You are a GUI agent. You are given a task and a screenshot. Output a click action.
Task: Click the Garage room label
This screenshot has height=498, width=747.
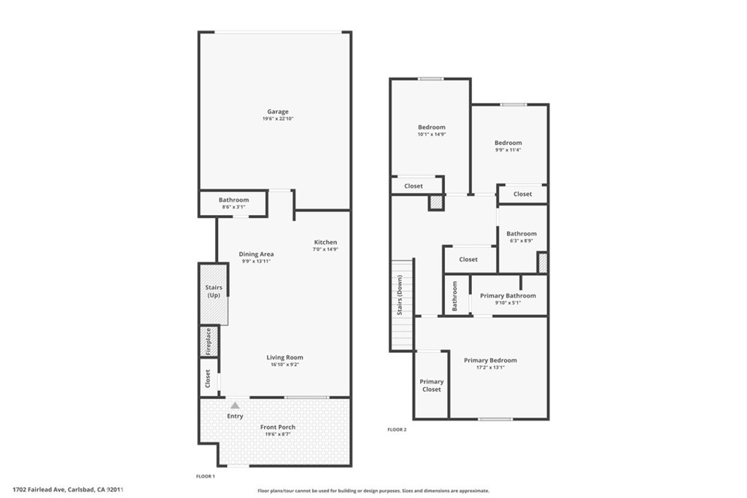pos(278,112)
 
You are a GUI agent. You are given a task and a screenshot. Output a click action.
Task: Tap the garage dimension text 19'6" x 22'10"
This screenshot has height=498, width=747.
pos(278,119)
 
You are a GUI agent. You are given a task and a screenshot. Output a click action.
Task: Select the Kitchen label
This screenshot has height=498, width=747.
pos(325,242)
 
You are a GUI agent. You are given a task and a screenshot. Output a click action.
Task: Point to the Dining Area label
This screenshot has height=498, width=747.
pos(256,254)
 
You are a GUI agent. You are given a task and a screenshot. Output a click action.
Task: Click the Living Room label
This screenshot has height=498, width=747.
pos(285,357)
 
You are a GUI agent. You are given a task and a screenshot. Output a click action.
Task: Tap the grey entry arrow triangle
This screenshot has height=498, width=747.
pos(235,405)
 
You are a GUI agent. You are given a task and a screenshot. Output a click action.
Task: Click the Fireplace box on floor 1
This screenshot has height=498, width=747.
pos(209,341)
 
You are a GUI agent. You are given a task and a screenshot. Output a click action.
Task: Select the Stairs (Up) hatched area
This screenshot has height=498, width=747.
pos(214,295)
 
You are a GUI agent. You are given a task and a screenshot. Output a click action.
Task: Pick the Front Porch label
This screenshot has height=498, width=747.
pos(278,427)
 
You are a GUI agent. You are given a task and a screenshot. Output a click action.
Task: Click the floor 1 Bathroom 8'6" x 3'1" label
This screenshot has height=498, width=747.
pos(233,200)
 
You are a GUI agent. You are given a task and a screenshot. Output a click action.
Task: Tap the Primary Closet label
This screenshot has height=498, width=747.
pos(432,385)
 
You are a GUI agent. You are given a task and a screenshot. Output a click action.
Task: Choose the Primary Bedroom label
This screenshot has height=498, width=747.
pos(490,360)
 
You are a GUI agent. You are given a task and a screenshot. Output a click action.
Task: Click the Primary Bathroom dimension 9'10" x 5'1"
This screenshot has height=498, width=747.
pos(508,303)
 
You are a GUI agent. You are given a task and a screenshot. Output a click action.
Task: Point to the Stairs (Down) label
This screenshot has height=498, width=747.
pos(400,295)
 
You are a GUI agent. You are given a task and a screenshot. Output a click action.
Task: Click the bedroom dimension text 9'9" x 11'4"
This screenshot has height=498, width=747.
pos(508,149)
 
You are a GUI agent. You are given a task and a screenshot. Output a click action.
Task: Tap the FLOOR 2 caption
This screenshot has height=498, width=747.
pos(397,429)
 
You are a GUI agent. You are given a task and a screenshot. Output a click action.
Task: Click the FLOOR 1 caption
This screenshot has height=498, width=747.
pos(206,476)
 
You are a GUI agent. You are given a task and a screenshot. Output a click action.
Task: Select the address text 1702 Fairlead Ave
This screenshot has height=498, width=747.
pos(39,489)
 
